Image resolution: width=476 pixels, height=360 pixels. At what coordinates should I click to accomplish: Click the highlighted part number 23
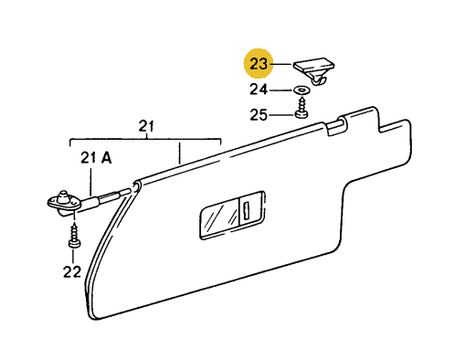pos(259,64)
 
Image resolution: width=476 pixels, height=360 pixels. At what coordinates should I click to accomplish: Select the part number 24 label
pos(259,90)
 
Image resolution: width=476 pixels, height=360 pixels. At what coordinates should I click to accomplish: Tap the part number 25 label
pos(259,115)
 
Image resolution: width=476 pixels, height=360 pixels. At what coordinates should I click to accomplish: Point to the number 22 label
pos(72,272)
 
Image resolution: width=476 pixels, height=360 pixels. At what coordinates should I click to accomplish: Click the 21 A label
pos(96,158)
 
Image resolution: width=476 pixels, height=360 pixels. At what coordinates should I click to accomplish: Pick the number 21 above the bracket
pos(146,126)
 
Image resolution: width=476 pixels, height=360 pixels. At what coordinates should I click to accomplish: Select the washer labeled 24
pos(301,90)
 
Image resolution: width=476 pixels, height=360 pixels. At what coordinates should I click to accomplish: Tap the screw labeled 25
pos(301,108)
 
